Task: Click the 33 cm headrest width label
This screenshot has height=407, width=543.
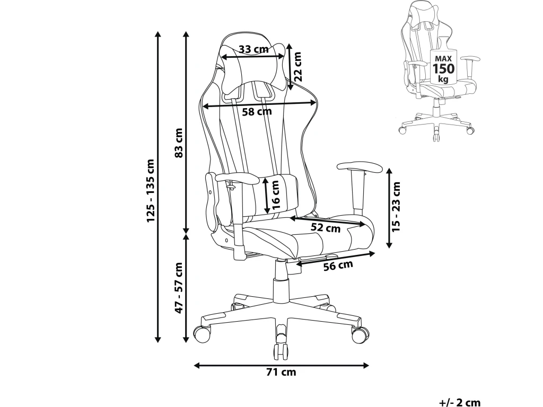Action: (253, 49)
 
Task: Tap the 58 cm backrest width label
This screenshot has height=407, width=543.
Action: (257, 112)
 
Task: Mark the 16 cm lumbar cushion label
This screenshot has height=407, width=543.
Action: (274, 194)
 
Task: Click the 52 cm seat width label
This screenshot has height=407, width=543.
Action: (325, 229)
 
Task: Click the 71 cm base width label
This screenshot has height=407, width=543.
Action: (281, 372)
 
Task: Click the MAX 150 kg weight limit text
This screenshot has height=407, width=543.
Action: (443, 68)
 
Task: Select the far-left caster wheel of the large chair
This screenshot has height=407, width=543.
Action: (202, 334)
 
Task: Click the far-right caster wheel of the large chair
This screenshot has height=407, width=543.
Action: (360, 334)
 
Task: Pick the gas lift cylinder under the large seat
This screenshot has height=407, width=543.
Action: (279, 281)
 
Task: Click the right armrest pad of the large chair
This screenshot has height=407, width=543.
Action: (359, 168)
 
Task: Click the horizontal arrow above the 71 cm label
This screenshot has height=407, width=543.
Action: (281, 365)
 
